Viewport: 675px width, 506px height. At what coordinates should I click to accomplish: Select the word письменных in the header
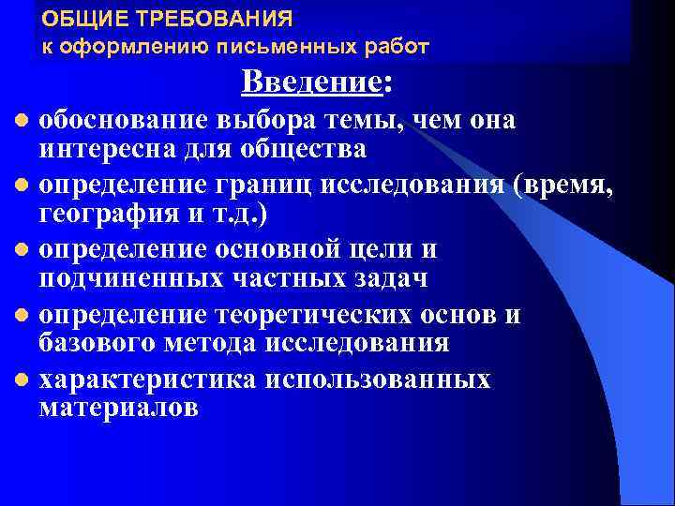click(305, 45)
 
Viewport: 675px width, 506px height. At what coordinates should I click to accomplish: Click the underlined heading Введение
click(311, 83)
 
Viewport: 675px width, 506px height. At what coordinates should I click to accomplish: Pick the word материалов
click(118, 409)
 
